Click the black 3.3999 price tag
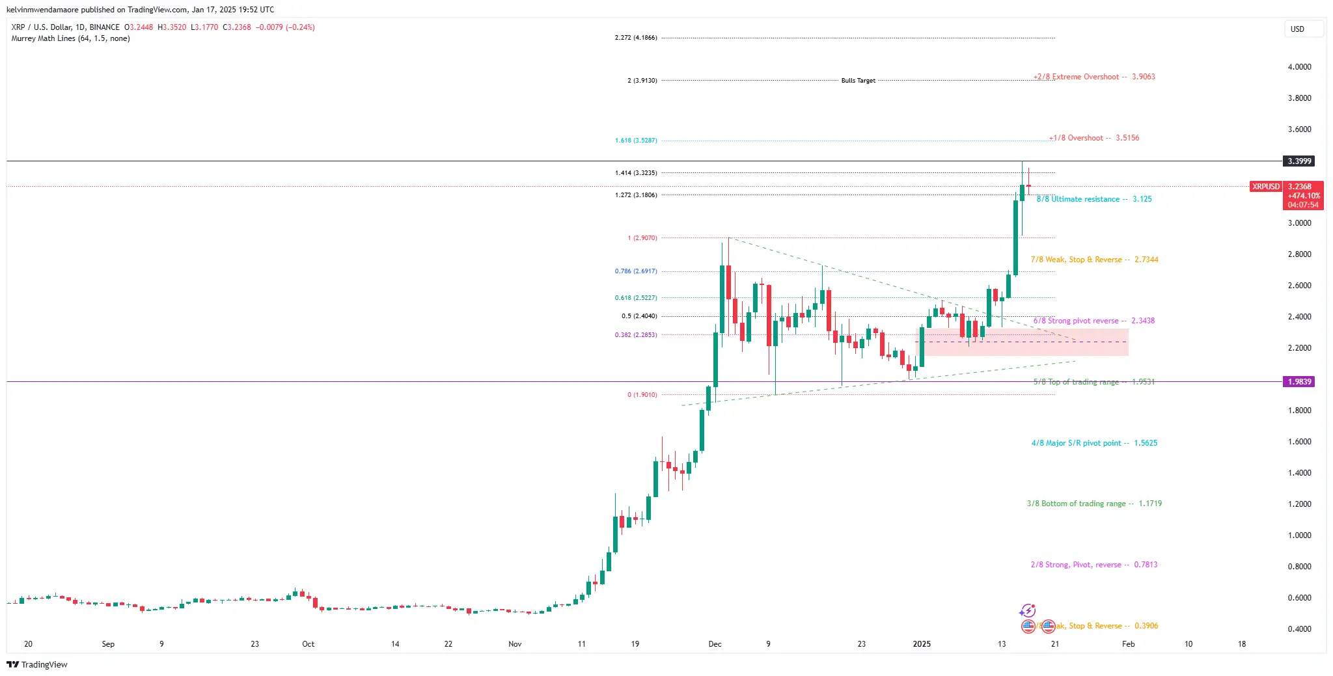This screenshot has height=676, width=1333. [x=1299, y=161]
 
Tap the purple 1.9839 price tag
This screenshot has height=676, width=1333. [x=1299, y=382]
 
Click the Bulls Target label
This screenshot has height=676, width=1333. [x=858, y=81]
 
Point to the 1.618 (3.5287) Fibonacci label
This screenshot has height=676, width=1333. [x=636, y=141]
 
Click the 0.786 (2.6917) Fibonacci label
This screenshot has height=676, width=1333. [x=636, y=271]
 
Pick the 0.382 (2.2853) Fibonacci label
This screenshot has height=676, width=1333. [x=636, y=335]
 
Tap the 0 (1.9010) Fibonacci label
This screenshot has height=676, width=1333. [x=642, y=395]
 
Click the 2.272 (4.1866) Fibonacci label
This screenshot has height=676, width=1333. [x=636, y=38]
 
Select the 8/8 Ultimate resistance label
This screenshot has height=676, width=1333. [x=1093, y=199]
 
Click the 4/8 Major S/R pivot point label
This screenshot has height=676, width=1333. [x=1094, y=443]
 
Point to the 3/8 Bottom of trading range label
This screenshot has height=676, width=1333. [x=1094, y=504]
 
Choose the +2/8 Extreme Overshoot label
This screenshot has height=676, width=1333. [x=1094, y=77]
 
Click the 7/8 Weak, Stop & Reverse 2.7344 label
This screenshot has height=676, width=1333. [x=1094, y=260]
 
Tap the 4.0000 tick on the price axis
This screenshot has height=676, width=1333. [x=1299, y=67]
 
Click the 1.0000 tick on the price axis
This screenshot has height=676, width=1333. [x=1299, y=535]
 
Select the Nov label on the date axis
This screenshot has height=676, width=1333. [x=515, y=644]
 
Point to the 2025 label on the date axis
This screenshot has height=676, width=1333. [x=922, y=644]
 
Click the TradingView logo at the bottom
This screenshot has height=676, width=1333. [x=37, y=664]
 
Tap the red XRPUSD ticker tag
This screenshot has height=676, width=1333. [x=1265, y=187]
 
